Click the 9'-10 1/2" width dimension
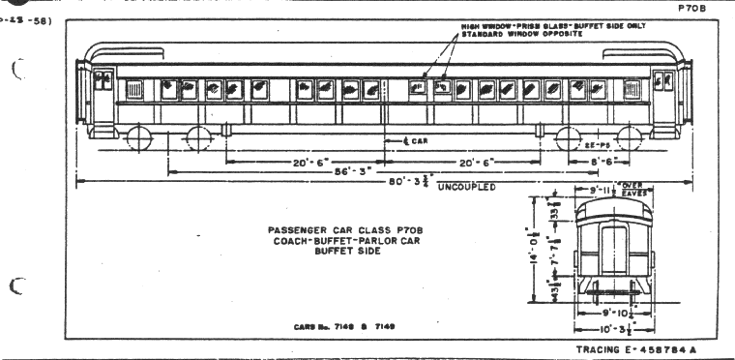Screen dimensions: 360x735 [611, 312]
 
